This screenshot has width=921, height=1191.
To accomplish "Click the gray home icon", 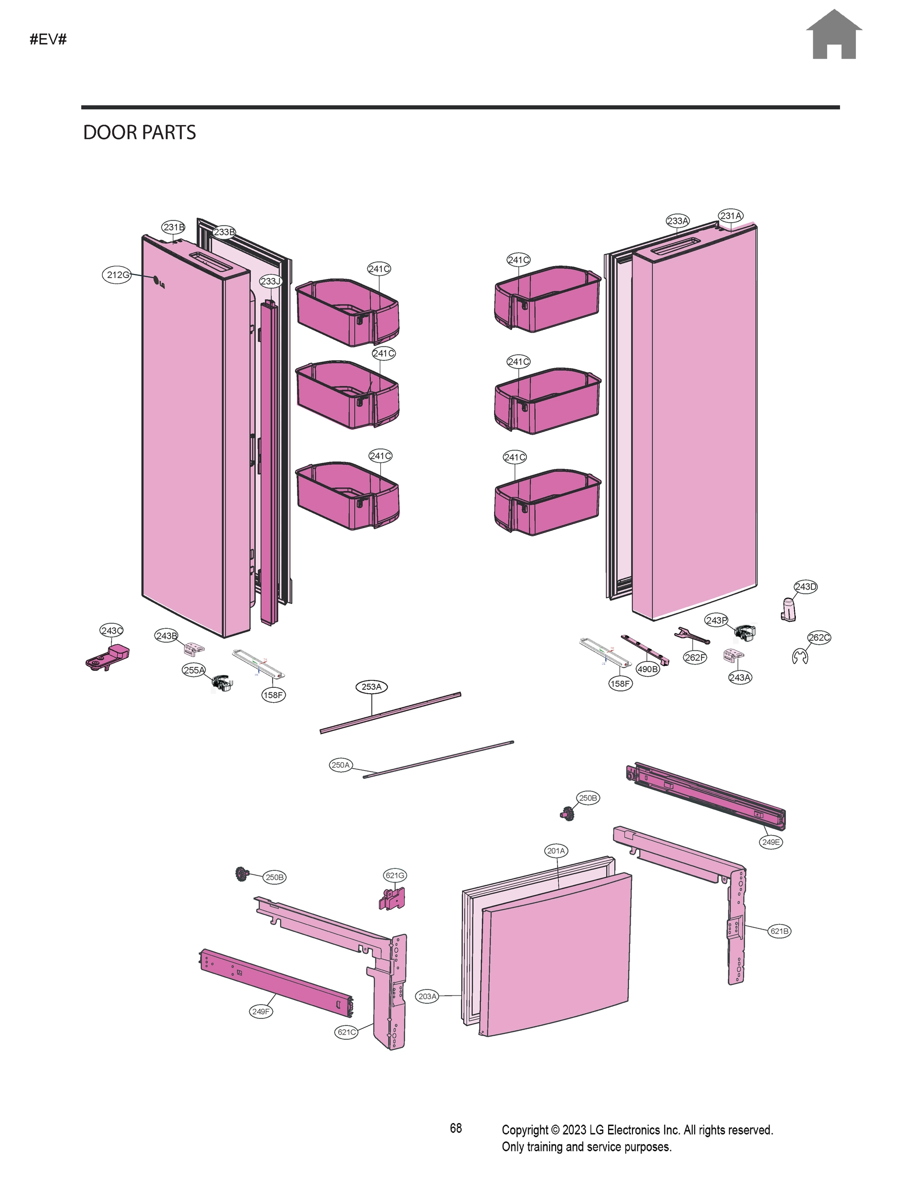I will (833, 35).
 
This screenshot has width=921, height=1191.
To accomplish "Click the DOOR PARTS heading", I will (139, 132).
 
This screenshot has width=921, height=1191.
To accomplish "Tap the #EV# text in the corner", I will (48, 39).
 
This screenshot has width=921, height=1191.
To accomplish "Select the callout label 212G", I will (117, 275).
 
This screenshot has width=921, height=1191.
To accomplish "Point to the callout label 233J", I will (270, 281).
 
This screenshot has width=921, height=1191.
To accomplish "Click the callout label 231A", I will (730, 216).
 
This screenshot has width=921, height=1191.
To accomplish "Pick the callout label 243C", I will (111, 630).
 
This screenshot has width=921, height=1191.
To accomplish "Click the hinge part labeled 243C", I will (108, 657).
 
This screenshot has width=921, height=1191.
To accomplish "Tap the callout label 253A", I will (371, 687).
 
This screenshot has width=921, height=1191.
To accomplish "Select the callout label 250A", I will (341, 765).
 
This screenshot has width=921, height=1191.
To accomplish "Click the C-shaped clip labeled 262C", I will (800, 657).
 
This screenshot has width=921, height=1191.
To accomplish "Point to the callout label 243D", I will (805, 587).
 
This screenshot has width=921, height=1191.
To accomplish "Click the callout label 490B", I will (647, 669).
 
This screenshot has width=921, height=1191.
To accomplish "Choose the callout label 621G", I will (395, 876).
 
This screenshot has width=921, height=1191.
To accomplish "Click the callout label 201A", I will (556, 851).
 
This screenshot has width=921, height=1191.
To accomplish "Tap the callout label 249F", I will (261, 1011).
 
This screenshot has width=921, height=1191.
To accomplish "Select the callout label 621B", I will (779, 931).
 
